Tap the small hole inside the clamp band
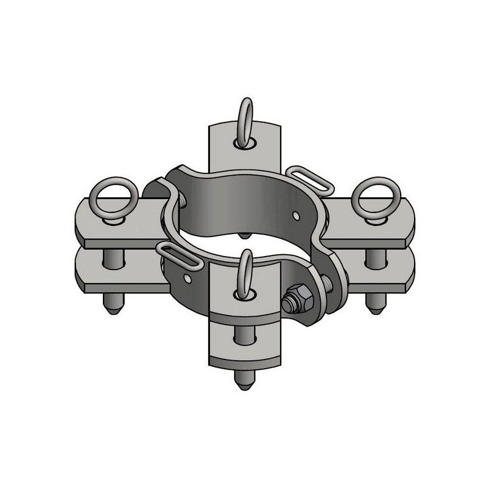(x=296, y=215)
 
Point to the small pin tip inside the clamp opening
(x=245, y=235)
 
